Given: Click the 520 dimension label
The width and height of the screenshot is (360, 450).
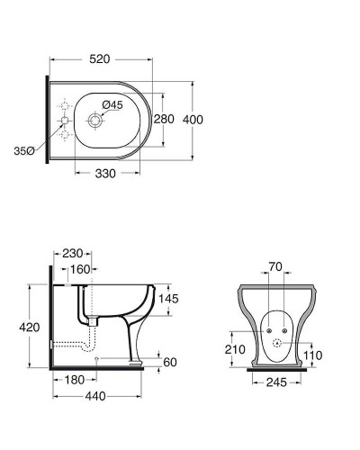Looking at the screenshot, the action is pos(100,59).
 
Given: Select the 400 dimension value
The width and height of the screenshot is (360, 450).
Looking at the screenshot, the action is pos(193,120).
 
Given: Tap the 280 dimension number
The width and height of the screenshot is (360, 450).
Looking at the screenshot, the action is pos(164,119).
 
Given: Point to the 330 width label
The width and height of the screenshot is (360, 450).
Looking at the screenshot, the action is pos(105,174).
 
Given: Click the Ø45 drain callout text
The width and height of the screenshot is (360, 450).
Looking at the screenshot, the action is pos(112,105).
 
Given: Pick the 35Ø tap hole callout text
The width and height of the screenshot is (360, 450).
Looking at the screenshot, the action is pos(24,151).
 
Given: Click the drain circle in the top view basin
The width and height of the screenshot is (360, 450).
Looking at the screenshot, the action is pos(95,121).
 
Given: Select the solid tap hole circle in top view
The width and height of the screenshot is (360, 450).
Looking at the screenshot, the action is pos(65,121).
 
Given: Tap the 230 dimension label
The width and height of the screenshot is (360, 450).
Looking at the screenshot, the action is pos(73,254).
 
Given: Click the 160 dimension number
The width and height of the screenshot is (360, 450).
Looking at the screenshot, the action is pos(80,269).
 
